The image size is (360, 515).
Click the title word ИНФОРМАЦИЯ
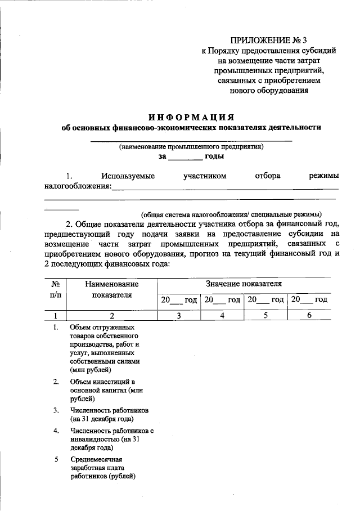pyautogui.click(x=191, y=117)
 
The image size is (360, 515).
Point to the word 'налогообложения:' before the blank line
pyautogui.click(x=78, y=186)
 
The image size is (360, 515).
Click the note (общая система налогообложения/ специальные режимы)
pyautogui.click(x=231, y=214)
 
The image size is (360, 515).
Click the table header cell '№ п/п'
pyautogui.click(x=56, y=290)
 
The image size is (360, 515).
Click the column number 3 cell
pyautogui.click(x=178, y=316)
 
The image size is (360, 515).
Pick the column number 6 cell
pyautogui.click(x=309, y=316)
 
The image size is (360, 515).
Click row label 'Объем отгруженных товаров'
pyautogui.click(x=105, y=348)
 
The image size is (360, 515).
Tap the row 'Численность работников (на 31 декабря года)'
pyautogui.click(x=102, y=414)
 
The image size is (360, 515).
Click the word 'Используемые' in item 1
pyautogui.click(x=127, y=176)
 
